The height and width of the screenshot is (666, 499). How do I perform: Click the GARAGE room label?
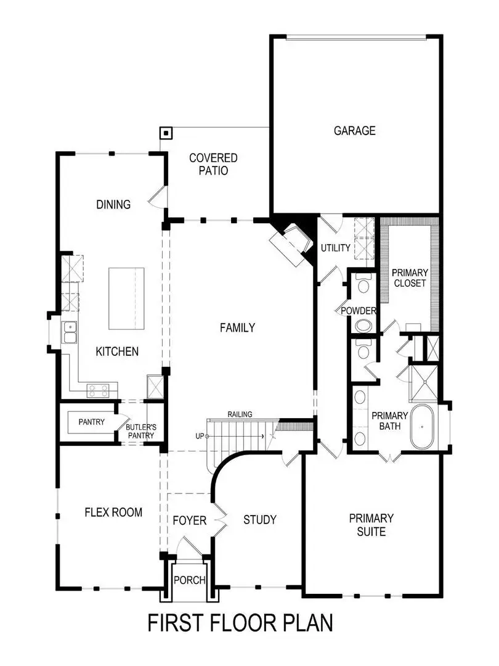coord(354,131)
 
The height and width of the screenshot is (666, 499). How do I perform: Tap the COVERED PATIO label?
coord(213,165)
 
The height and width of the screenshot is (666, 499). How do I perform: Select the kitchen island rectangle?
coord(127,298)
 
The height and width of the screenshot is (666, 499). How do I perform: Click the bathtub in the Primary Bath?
coord(424,426)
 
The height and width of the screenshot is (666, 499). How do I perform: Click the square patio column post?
coord(166,133)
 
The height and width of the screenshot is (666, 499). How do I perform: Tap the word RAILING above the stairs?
coord(240,414)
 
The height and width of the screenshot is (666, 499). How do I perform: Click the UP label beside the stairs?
coord(199,436)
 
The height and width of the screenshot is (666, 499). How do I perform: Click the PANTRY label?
coord(91,422)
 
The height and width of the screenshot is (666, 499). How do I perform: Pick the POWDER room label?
coord(359,311)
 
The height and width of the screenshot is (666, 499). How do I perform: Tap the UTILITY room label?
coord(335,248)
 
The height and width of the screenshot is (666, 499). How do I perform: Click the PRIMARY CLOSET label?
coord(410,278)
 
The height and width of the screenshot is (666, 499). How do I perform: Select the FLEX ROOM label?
coord(113,512)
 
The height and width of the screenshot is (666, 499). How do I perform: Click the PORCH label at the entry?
coord(189,580)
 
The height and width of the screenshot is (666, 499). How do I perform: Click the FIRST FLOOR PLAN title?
coord(240,623)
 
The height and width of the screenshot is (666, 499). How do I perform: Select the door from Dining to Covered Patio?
coord(157,197)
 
